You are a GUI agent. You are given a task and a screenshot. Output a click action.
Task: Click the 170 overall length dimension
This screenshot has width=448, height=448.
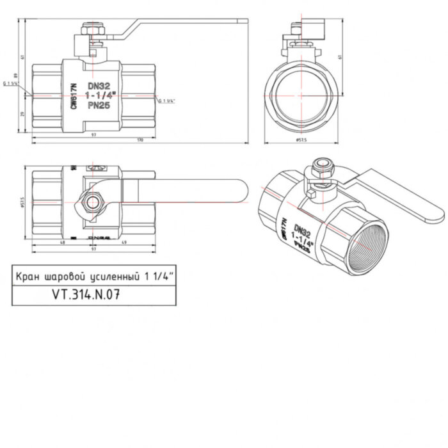tap(140, 140)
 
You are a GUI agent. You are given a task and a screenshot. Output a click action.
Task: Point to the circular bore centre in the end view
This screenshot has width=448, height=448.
tap(300, 91)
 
